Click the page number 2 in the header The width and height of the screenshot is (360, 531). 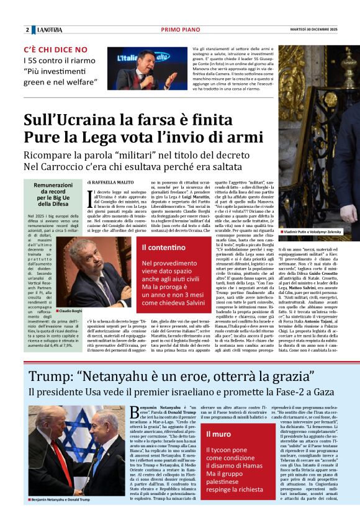(x=27, y=29)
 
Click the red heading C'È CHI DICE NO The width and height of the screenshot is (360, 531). (x=55, y=49)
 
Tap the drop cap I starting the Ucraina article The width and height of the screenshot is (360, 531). (x=91, y=200)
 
